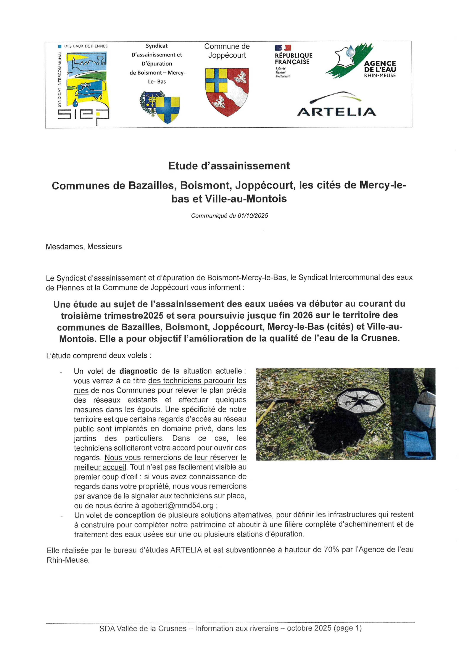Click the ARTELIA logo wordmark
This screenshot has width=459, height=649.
(x=337, y=112)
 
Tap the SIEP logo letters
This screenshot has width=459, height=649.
(x=84, y=115)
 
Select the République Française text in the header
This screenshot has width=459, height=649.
(x=293, y=58)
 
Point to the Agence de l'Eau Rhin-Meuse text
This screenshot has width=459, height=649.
(x=380, y=69)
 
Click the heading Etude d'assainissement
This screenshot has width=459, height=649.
(x=229, y=166)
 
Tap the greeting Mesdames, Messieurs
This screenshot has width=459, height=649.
(x=84, y=246)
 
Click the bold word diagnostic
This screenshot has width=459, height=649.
(x=138, y=371)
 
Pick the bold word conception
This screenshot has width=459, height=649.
(x=135, y=515)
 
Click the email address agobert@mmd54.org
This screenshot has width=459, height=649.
(x=177, y=505)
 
